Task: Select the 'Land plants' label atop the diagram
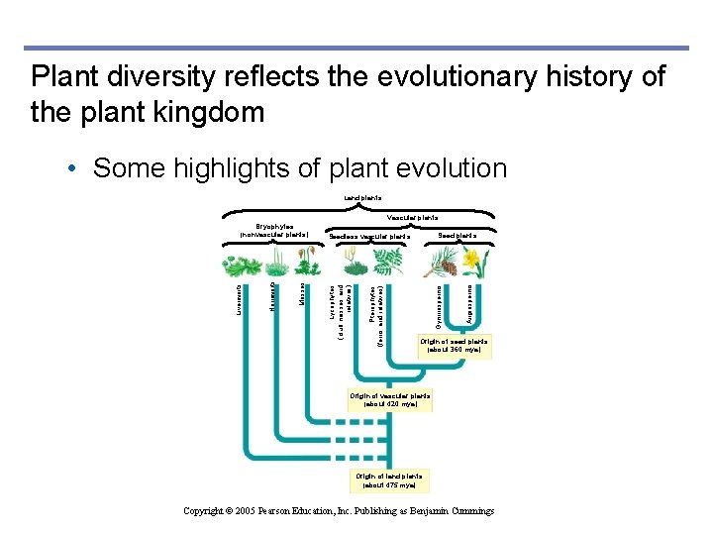click(363, 199)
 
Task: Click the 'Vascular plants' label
click(413, 218)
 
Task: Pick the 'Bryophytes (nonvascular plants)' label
click(274, 231)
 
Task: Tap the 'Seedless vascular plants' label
click(369, 237)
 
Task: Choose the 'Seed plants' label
click(458, 236)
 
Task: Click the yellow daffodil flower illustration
click(472, 263)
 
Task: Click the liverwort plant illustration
click(241, 267)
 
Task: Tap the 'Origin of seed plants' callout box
click(454, 345)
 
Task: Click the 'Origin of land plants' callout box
click(389, 481)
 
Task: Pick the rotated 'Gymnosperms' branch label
click(438, 304)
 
